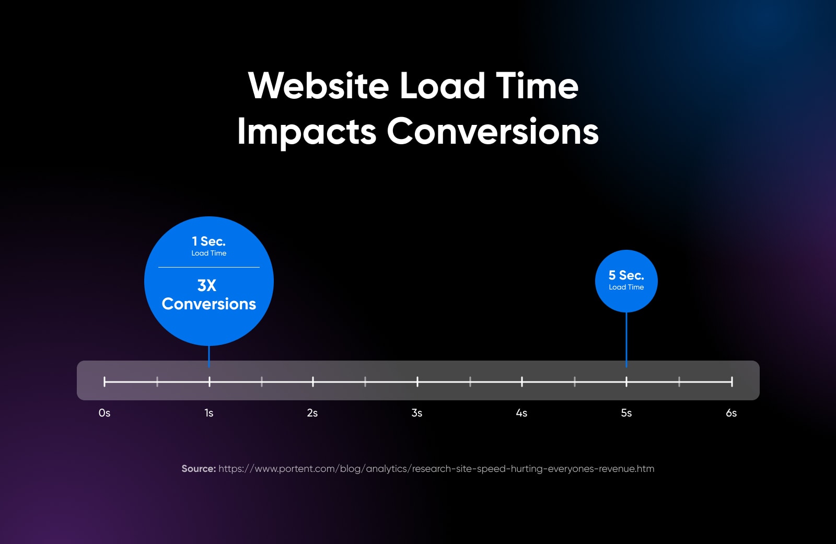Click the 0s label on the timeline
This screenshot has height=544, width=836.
[104, 413]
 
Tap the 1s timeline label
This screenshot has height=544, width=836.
[209, 413]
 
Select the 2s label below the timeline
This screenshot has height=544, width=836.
[312, 413]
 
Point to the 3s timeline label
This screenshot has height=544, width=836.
[417, 413]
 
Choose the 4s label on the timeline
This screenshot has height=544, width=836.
[521, 413]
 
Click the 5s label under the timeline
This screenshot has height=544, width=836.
[626, 413]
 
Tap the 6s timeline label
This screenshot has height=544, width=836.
[731, 413]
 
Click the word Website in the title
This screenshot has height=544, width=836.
[319, 86]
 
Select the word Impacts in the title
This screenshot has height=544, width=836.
[307, 132]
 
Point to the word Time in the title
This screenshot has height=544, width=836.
[537, 86]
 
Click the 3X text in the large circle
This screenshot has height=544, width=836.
[207, 285]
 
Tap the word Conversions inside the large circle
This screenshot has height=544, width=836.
[209, 304]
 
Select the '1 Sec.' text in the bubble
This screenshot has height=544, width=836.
[208, 241]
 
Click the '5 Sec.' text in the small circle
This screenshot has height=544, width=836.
[626, 275]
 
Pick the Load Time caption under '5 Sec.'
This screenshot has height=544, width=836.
[626, 287]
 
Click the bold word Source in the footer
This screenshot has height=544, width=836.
[199, 469]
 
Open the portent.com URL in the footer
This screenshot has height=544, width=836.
[436, 469]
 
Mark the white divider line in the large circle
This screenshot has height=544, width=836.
[209, 268]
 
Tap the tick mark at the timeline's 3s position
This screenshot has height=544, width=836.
[417, 382]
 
